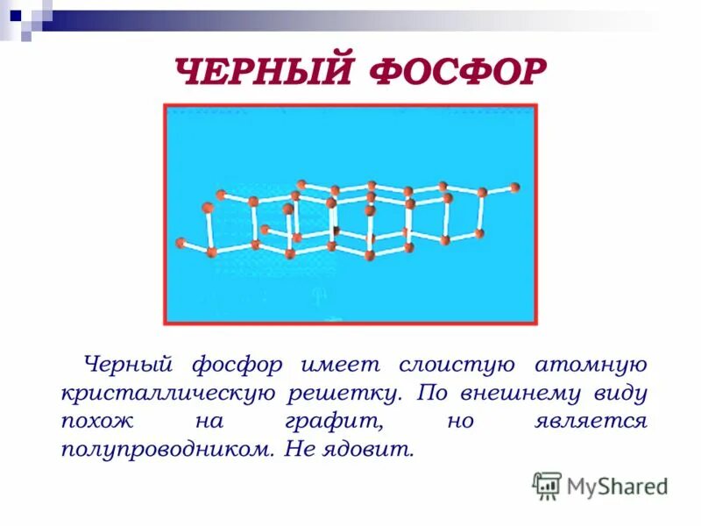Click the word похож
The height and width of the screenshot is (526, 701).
(x=94, y=422)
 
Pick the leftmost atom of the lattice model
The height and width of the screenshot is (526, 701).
(x=181, y=243)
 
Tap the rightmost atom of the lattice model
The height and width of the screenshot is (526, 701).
(x=514, y=187)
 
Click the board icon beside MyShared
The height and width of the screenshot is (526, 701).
(x=547, y=485)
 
